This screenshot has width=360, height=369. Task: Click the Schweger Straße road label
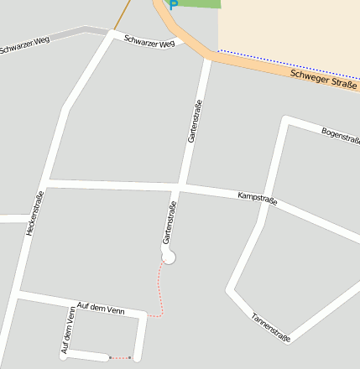324,80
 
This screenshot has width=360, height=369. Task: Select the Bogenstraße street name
340,133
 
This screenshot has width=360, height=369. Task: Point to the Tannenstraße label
271,327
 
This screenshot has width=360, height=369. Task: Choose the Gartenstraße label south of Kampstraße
170,224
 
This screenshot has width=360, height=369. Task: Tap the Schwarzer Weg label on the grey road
25,44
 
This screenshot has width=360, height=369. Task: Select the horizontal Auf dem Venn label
99,309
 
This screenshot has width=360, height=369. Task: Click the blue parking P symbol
174,4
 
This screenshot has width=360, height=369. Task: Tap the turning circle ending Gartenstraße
169,257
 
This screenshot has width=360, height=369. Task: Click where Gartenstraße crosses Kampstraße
181,186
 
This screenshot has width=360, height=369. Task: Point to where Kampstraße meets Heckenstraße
46,181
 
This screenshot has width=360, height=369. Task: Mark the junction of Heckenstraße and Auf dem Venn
19,294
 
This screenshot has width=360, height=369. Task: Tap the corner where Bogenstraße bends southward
286,120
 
